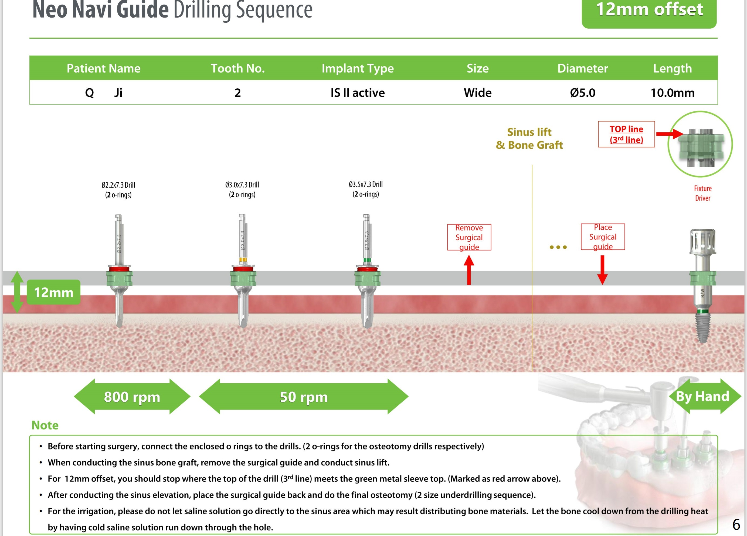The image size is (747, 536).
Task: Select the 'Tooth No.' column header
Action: (237, 68)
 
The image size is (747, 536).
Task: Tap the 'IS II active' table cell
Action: (357, 93)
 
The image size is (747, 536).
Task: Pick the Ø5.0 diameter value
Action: (582, 93)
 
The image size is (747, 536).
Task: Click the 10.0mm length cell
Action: (672, 93)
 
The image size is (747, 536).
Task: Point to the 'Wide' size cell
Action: (477, 93)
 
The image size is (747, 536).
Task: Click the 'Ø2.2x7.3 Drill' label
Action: (118, 185)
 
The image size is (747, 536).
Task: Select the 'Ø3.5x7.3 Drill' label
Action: (366, 184)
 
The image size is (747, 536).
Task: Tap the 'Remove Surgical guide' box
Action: (469, 237)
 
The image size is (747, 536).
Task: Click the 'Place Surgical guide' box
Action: (603, 237)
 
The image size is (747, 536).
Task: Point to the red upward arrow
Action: (469, 270)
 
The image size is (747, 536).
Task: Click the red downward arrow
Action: (602, 270)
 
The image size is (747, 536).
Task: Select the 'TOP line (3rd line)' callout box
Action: (626, 134)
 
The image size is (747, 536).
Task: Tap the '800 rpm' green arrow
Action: (132, 397)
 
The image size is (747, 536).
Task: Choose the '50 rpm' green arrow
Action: (304, 397)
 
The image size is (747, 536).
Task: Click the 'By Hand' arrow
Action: (703, 396)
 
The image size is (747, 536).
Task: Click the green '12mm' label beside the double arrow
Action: (53, 292)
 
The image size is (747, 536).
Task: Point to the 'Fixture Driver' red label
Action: (702, 193)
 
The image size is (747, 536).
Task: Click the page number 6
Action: (736, 524)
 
